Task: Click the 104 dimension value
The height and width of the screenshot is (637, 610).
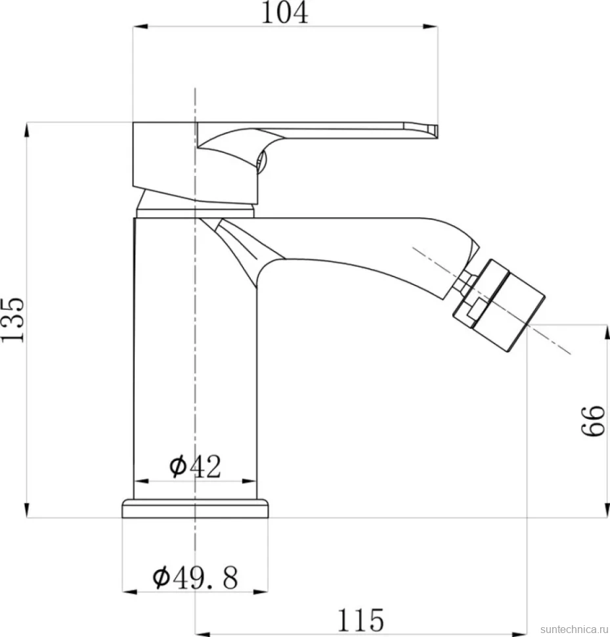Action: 285,12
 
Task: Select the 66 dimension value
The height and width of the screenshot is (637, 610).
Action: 594,421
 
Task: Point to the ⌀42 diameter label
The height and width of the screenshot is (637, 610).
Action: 195,466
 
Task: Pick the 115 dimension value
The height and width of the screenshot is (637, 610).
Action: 360,620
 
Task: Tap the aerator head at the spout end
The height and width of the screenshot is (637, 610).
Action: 499,305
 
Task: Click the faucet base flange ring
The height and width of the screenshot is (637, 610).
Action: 196,508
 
